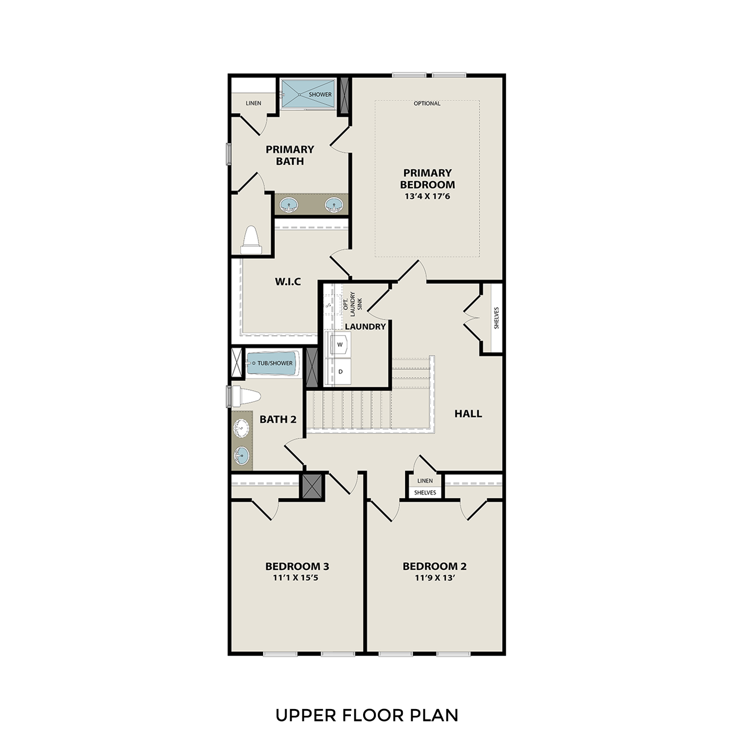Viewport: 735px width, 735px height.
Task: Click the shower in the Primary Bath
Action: (307, 94)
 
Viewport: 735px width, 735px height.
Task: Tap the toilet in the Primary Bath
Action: (251, 240)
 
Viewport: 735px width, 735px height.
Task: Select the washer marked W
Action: (340, 344)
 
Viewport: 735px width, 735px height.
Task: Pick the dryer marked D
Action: (340, 371)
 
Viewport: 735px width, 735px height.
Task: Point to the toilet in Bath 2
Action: (245, 396)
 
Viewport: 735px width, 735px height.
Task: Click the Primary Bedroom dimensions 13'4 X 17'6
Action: (427, 196)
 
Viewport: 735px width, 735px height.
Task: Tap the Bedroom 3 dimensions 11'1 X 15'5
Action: (297, 578)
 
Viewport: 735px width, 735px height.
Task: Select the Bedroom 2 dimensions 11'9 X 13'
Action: (435, 578)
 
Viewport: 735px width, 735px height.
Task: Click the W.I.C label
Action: (288, 282)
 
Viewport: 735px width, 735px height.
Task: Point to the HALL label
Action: (468, 414)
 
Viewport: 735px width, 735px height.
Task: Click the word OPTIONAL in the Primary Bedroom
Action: (427, 103)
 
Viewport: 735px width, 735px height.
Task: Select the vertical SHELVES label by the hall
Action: (496, 318)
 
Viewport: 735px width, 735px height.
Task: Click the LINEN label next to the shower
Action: (253, 103)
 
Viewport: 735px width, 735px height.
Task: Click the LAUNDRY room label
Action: (365, 326)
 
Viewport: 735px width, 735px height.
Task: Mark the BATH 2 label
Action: (278, 419)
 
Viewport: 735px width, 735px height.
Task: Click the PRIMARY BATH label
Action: (290, 155)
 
